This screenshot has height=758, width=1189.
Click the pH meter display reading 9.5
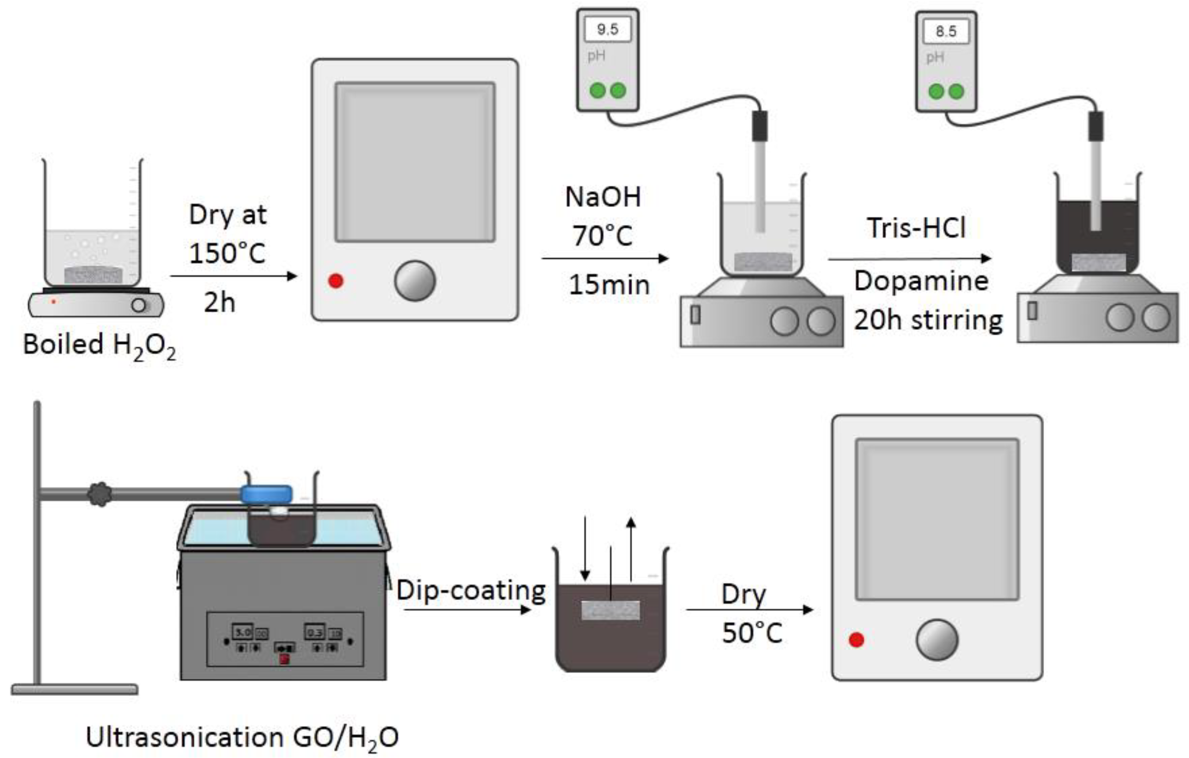[x=607, y=29]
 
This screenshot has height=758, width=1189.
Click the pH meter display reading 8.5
[x=945, y=31]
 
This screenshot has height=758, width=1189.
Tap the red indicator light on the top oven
[x=336, y=281]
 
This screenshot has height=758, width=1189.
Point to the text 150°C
[x=227, y=253]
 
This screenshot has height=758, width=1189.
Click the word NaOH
[x=603, y=197]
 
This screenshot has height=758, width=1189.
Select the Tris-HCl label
[x=917, y=228]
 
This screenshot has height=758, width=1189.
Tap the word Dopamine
[x=921, y=281]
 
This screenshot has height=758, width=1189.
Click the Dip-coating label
[x=471, y=591]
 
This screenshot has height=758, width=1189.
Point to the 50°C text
[x=752, y=633]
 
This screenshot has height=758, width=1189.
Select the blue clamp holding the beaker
[x=266, y=494]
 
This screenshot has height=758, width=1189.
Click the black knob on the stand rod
[x=100, y=494]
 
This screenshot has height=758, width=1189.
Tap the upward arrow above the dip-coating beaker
[x=630, y=548]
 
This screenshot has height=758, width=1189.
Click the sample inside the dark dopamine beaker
[x=1099, y=262]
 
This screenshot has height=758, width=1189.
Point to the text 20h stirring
[x=928, y=320]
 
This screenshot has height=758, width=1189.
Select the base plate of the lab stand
[x=75, y=689]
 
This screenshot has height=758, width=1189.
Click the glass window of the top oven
[x=415, y=162]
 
